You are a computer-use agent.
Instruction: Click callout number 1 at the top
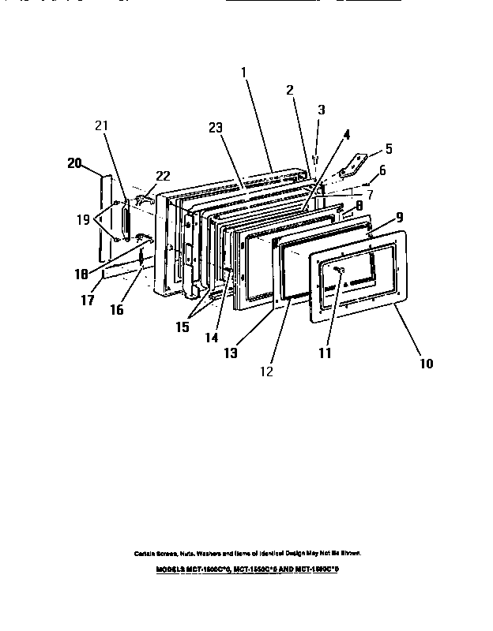point(244,72)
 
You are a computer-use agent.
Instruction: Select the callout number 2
point(290,90)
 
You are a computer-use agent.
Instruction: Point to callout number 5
point(388,148)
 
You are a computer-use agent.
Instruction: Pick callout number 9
point(400,216)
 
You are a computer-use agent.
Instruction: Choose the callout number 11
point(325,353)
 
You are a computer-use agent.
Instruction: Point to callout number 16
point(116,310)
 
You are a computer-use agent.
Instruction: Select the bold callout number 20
point(74,163)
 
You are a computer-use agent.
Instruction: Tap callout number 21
point(102,125)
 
